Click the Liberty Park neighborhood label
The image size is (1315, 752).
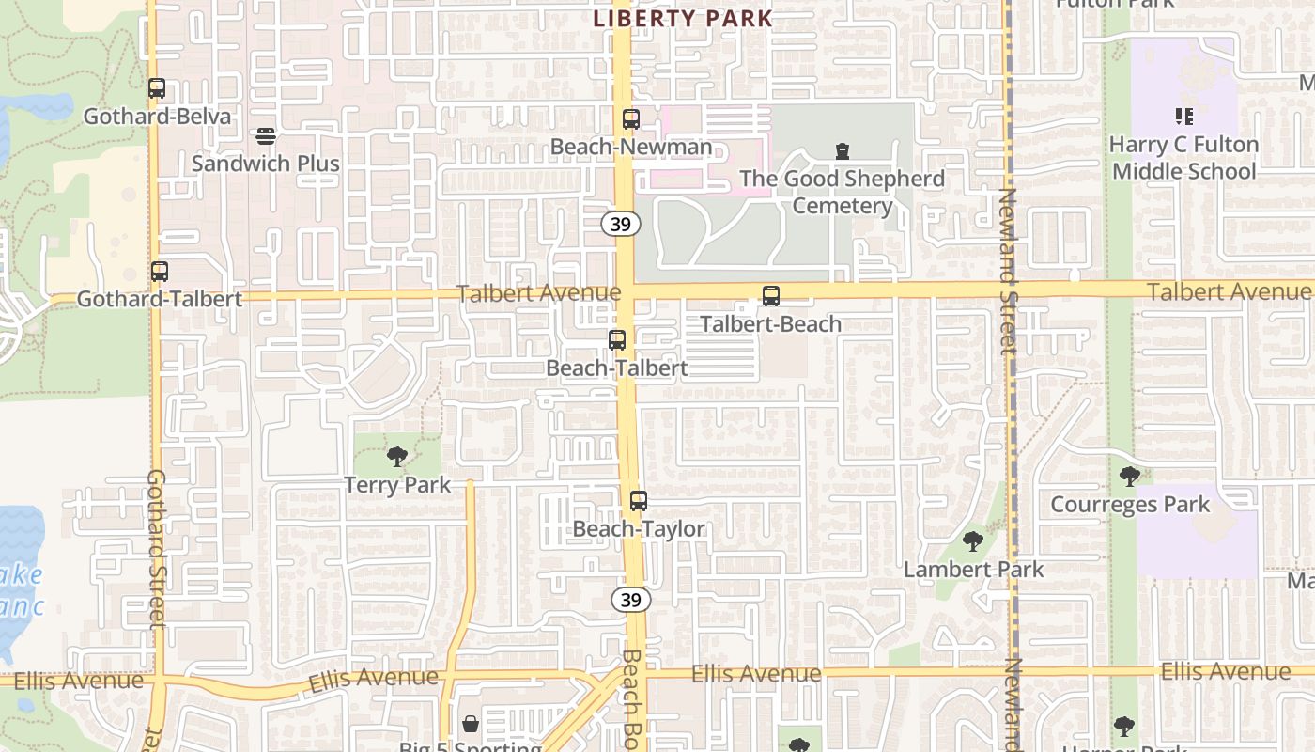(683, 18)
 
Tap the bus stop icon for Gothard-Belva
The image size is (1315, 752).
(157, 89)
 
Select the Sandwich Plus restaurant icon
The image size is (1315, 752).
(266, 137)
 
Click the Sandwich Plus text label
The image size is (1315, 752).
(266, 164)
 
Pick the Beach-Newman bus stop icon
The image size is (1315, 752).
(631, 119)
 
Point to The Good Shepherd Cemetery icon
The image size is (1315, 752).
(843, 150)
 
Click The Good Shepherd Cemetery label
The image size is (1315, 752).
(842, 192)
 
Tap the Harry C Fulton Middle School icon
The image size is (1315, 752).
(1183, 117)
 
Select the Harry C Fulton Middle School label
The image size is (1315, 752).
(1183, 158)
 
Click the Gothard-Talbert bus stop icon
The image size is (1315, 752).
(160, 272)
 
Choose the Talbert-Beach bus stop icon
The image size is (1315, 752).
(771, 296)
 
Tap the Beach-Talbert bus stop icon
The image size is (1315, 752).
(617, 340)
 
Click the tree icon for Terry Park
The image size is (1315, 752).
(397, 458)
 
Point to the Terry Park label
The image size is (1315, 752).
(397, 485)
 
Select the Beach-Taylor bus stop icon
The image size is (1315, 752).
(639, 501)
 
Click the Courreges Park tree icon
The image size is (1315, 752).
(1130, 477)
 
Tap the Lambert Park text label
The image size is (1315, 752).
(973, 569)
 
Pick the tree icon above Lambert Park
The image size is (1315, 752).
(973, 541)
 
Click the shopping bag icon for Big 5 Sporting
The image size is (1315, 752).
(471, 724)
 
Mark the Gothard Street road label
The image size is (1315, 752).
(157, 549)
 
